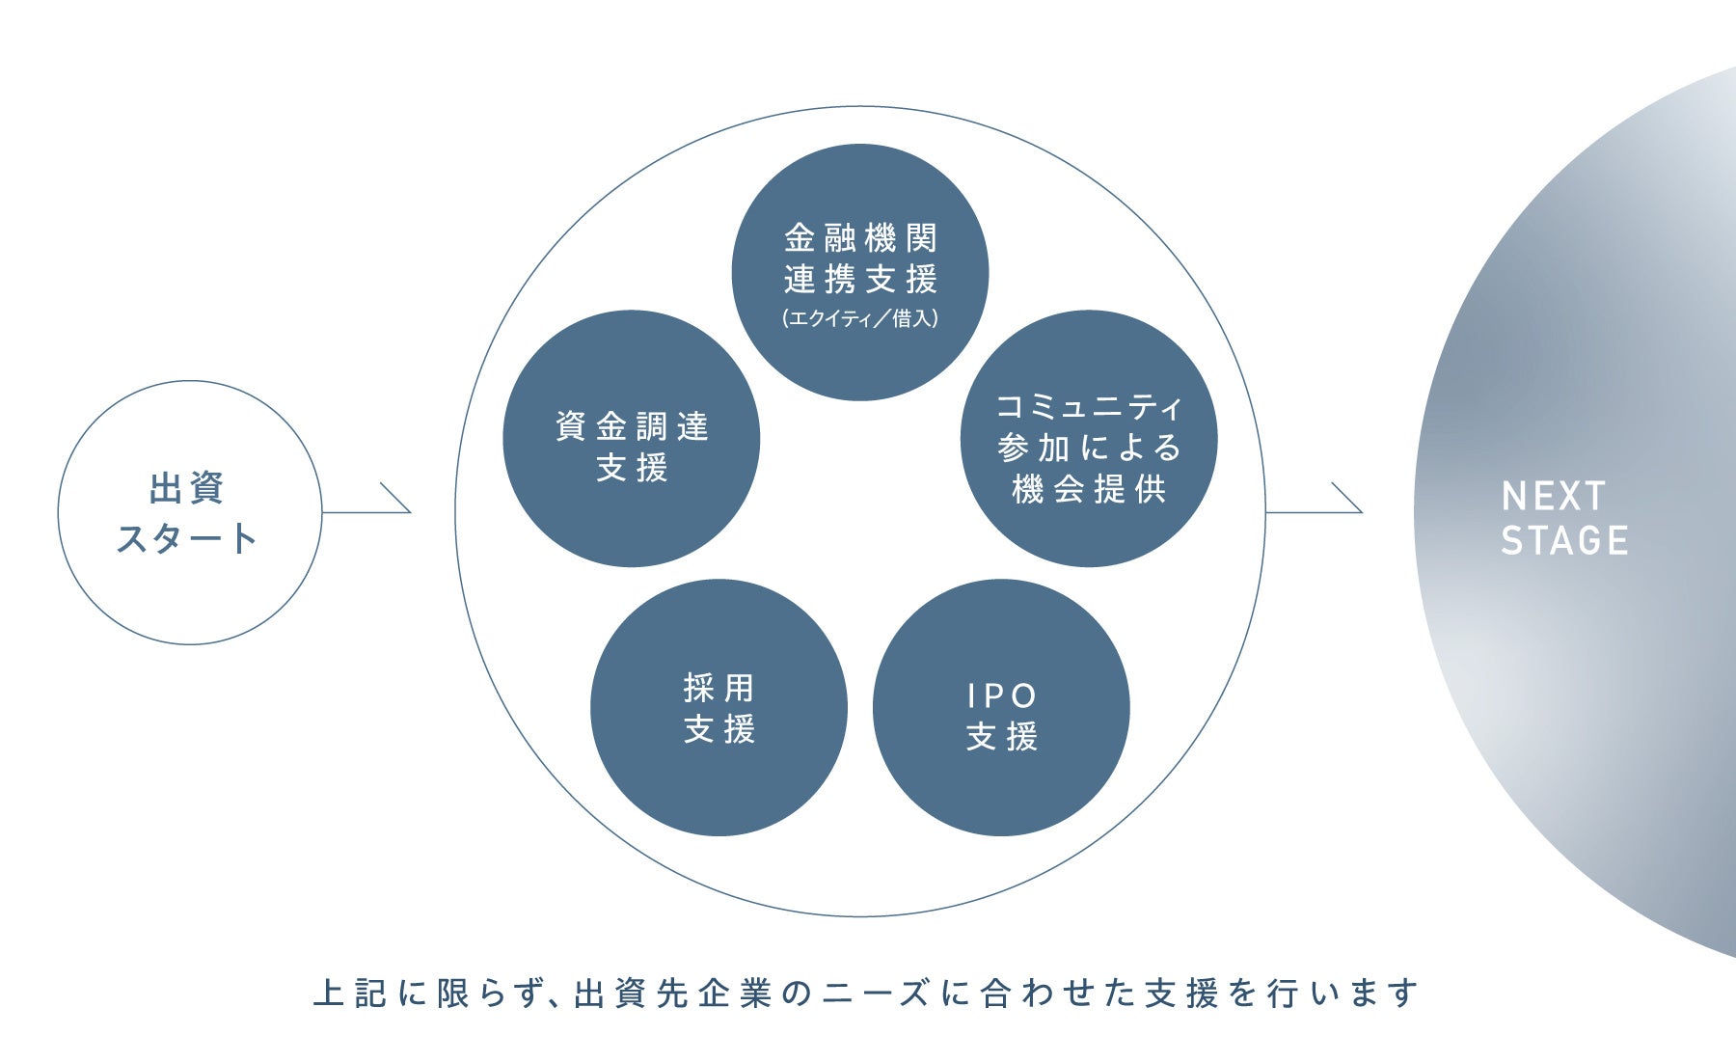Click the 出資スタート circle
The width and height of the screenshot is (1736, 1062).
point(189,512)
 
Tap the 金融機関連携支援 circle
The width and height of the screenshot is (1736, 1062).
point(860,272)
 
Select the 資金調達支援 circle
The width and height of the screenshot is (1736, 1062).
point(631,439)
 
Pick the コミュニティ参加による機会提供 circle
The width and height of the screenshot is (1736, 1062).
point(1089,439)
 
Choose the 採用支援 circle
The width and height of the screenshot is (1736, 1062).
point(719,707)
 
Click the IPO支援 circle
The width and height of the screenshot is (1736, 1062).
point(1001,707)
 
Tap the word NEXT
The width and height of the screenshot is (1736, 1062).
point(1553,497)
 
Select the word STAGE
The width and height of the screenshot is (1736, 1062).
point(1564,541)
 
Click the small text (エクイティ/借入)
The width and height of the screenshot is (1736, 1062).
point(860,318)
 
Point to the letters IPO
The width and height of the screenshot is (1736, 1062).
point(1001,695)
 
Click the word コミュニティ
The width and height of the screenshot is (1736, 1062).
point(1089,407)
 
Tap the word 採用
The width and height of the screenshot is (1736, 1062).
point(719,688)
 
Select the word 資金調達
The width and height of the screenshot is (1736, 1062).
point(632,426)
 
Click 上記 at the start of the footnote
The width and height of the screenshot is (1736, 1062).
point(350,994)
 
